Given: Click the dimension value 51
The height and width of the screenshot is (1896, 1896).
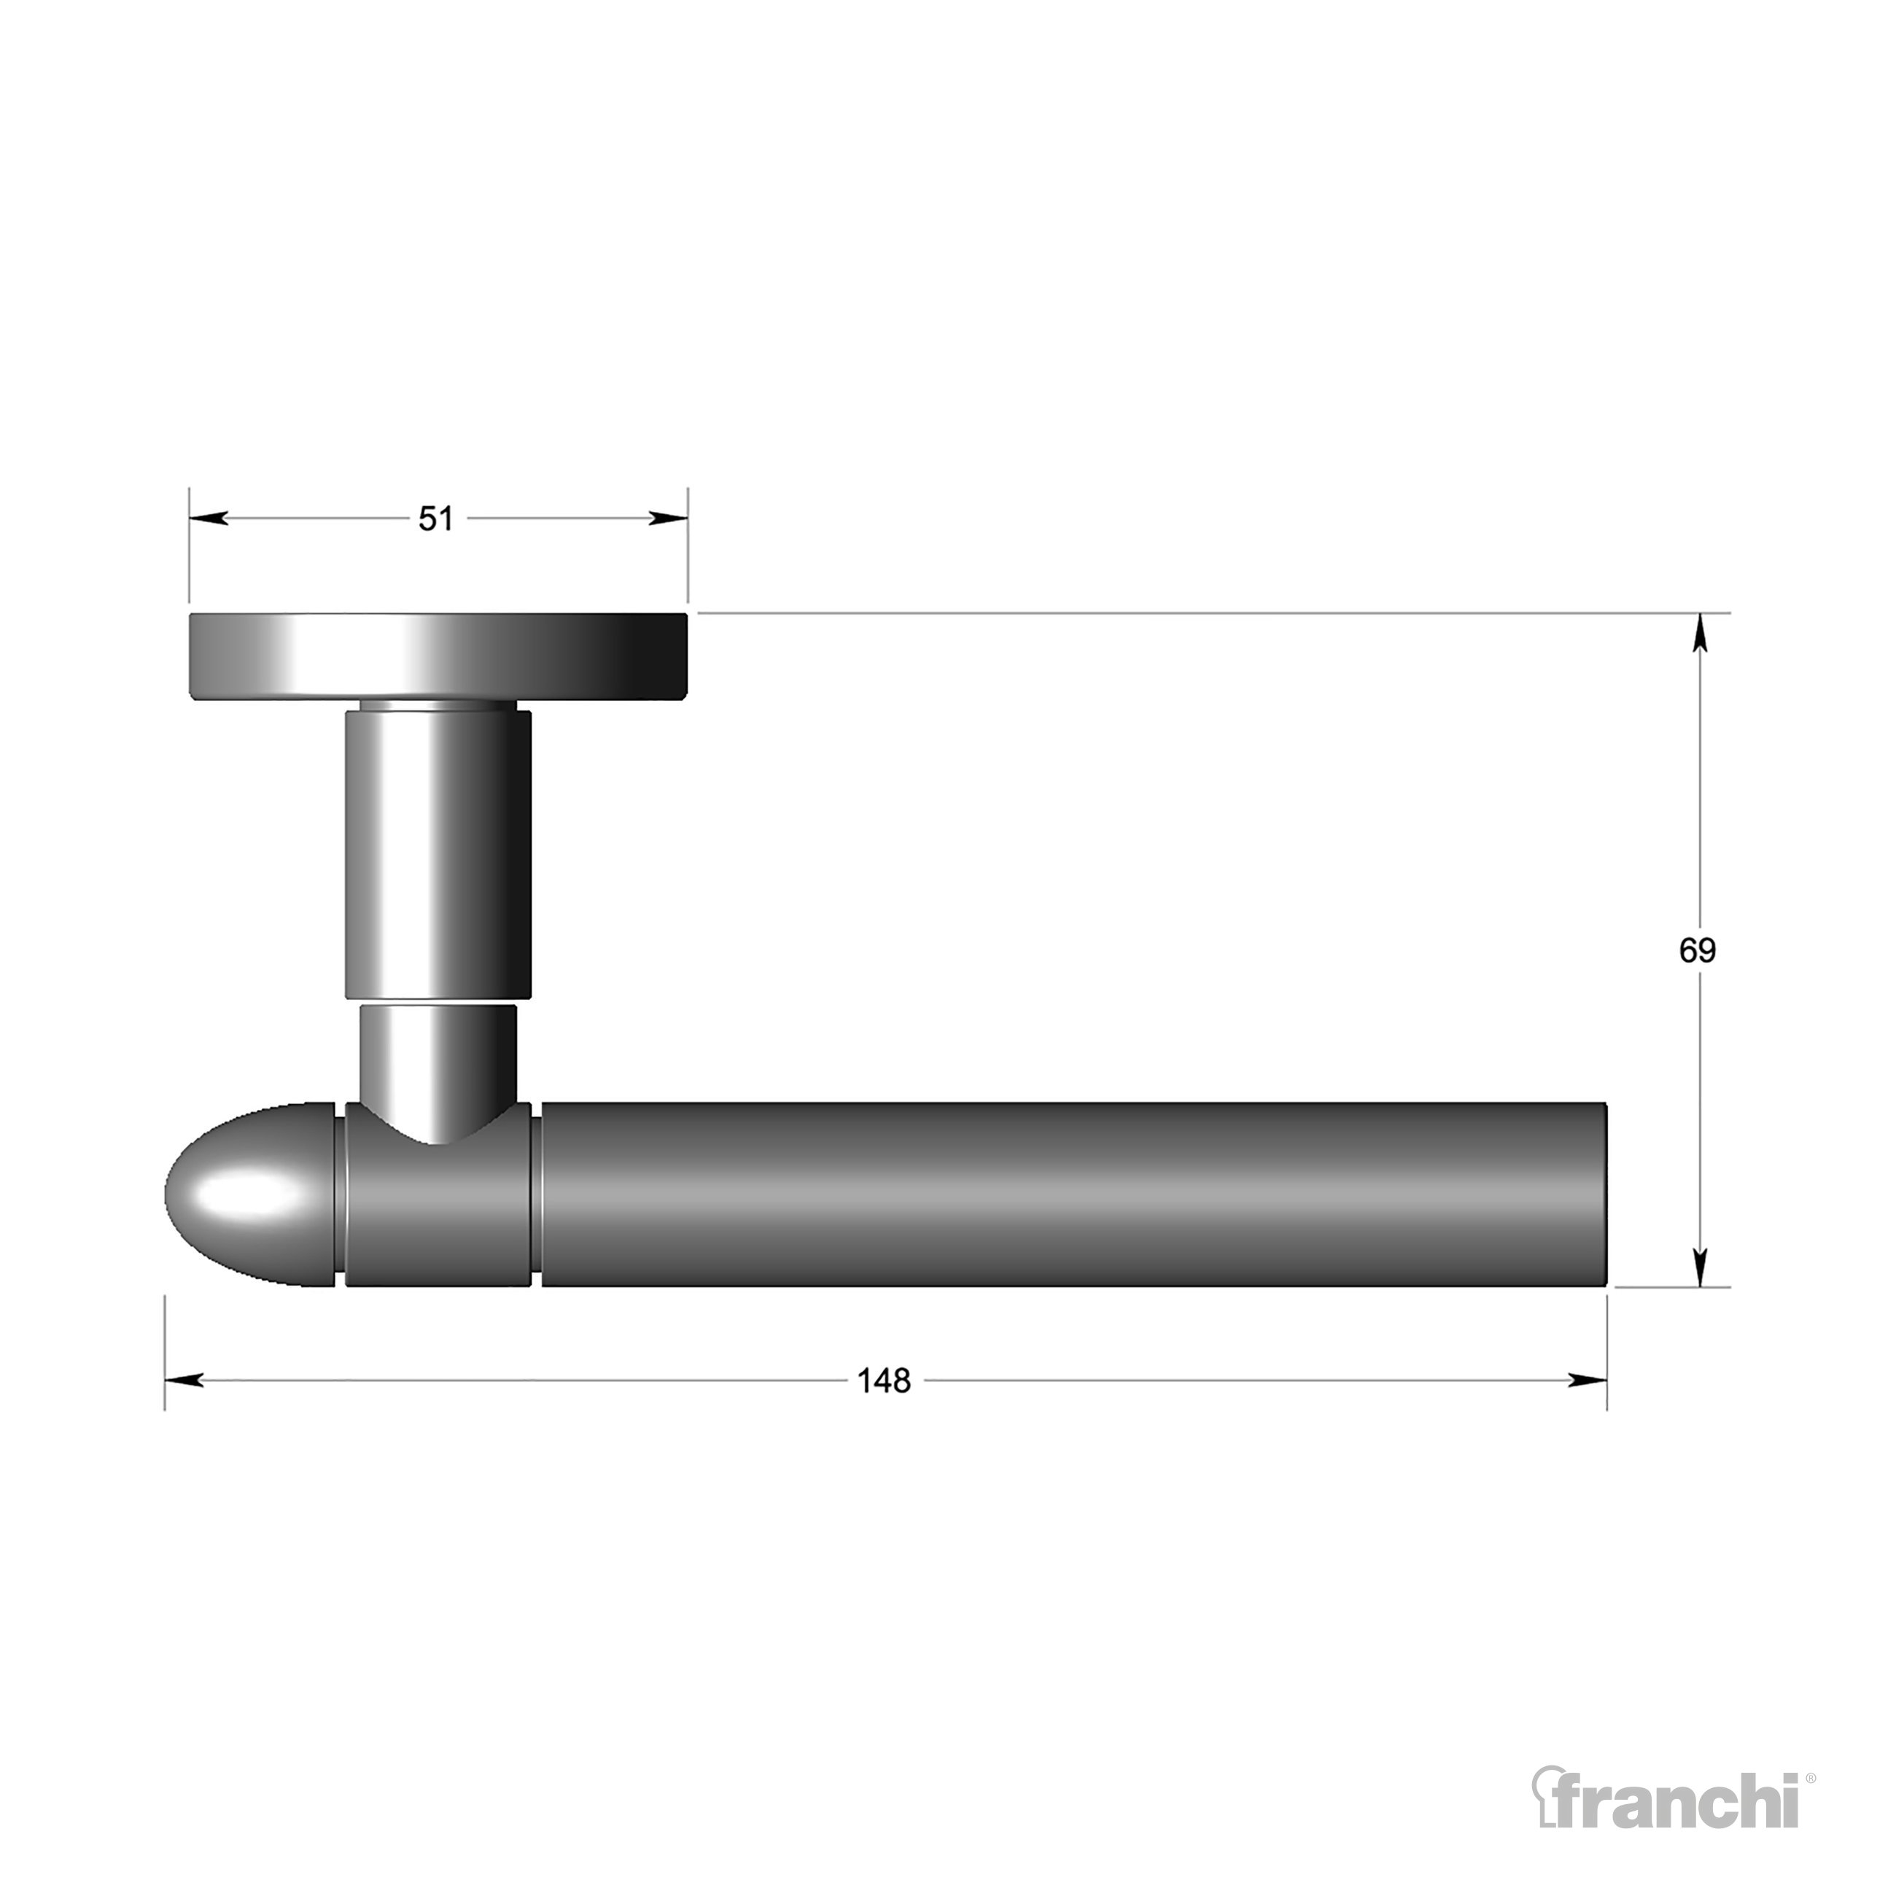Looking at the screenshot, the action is pyautogui.click(x=436, y=519).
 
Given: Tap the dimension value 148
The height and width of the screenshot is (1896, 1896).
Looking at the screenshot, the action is pyautogui.click(x=885, y=1380).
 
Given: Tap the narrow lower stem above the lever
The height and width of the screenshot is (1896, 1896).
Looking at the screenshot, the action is pyautogui.click(x=438, y=1060).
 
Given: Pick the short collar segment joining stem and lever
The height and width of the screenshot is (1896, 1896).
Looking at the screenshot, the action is pyautogui.click(x=438, y=1207).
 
